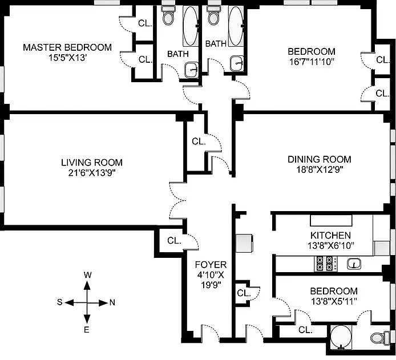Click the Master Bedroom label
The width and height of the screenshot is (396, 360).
67,47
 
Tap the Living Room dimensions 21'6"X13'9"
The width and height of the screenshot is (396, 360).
91,173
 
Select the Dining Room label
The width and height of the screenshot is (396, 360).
319,159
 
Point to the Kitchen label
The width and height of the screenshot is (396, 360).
330,235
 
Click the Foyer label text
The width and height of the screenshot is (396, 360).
211,264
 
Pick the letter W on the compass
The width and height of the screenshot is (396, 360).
87,275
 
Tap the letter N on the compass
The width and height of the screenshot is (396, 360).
112,302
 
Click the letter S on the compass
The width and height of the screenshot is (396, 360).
59,302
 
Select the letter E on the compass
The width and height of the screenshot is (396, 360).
87,329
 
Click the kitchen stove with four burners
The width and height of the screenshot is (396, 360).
325,264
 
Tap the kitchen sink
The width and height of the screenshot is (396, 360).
354,264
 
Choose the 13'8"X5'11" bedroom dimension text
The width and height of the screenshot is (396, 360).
334,302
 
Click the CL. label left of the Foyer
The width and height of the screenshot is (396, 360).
175,240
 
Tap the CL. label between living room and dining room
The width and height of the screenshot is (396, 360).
199,141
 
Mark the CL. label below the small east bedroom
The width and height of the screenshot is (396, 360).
305,330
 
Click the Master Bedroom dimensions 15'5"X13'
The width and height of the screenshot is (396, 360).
67,58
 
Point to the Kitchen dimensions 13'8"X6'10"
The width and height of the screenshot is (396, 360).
330,245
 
